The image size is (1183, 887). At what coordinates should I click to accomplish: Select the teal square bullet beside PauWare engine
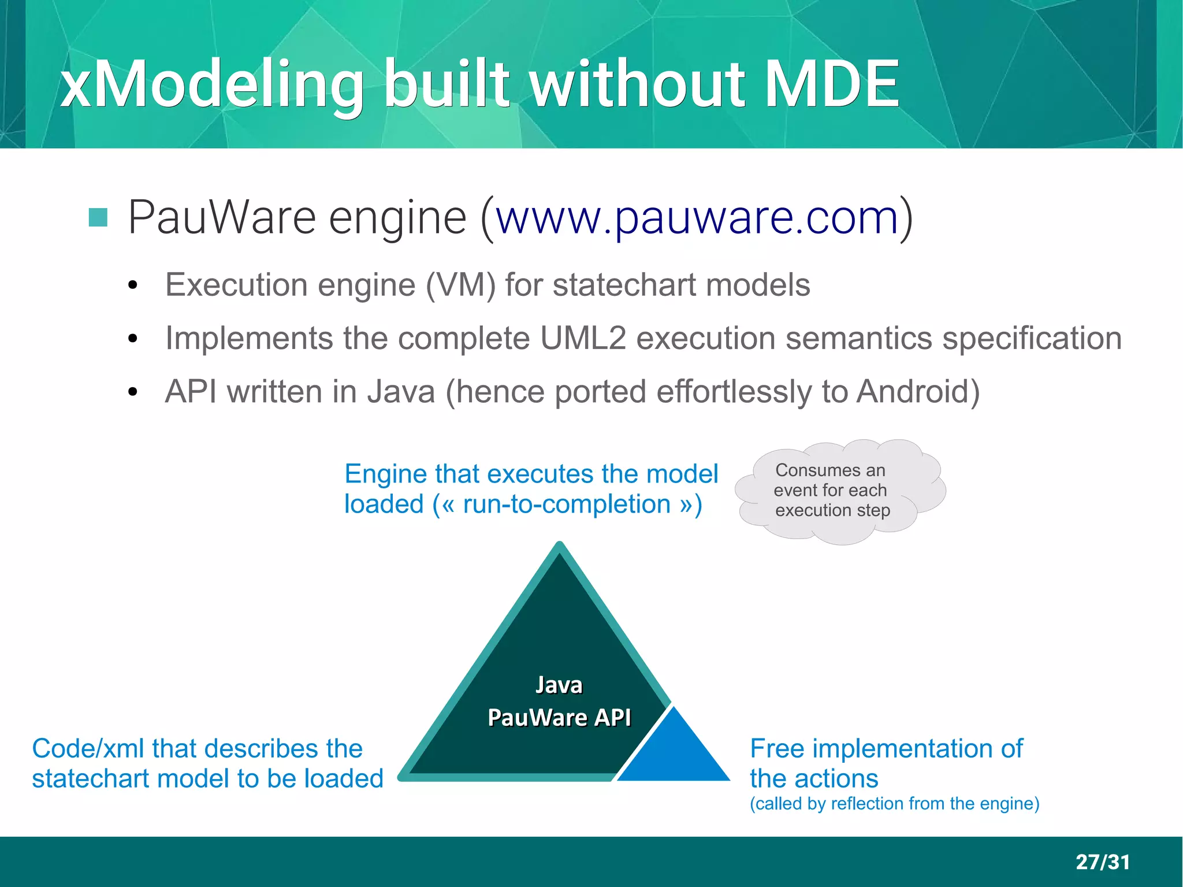[x=98, y=217]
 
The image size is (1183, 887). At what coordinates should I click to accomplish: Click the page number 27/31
[x=1102, y=862]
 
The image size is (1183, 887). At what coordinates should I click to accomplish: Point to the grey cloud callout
[x=840, y=491]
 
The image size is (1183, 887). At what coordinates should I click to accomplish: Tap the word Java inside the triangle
[x=559, y=685]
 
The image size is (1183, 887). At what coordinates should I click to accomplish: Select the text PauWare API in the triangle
[x=559, y=718]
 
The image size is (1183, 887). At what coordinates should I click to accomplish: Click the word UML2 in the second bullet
[x=583, y=339]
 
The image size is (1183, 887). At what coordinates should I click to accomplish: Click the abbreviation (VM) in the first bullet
[x=460, y=285]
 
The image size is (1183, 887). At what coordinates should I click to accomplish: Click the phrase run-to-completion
[x=567, y=504]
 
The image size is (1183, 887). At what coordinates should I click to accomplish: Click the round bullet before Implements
[x=133, y=339]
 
